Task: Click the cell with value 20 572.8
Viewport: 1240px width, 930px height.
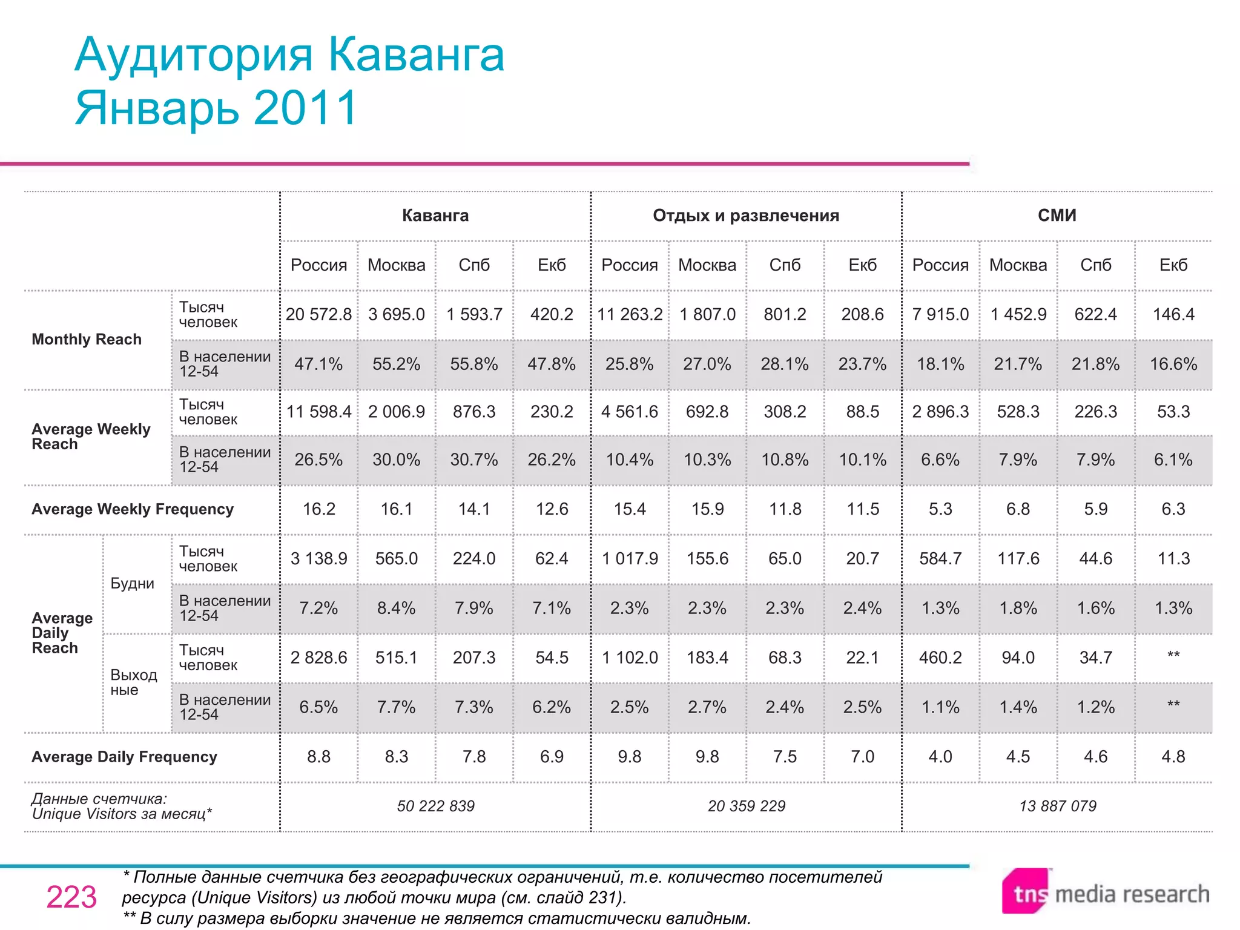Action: coord(318,314)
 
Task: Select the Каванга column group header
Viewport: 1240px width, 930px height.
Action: coord(435,216)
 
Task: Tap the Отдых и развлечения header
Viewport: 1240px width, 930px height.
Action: coord(746,216)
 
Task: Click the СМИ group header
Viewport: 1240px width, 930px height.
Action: coord(1057,216)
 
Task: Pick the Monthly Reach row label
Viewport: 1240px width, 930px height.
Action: coord(87,339)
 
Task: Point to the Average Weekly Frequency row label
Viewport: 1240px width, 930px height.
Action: coord(133,509)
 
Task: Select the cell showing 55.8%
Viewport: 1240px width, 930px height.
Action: coord(474,364)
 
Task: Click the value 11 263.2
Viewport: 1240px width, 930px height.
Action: coord(630,314)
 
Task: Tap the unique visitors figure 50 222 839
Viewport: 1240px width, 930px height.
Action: coord(435,806)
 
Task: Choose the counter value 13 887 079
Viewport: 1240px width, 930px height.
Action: coord(1057,806)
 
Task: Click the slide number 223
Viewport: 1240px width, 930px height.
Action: coord(71,897)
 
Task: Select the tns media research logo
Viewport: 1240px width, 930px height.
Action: coord(1105,892)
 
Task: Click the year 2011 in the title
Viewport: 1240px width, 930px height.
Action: coord(306,108)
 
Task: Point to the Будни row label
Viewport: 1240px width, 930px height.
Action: coord(132,584)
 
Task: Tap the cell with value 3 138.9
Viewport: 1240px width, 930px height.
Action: coord(318,558)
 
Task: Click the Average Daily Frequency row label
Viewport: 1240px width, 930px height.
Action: coord(124,757)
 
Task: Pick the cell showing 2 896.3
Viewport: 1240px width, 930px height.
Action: coord(940,412)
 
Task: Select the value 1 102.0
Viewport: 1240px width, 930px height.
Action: coord(630,658)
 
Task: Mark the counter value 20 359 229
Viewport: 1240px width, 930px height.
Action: coord(746,806)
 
